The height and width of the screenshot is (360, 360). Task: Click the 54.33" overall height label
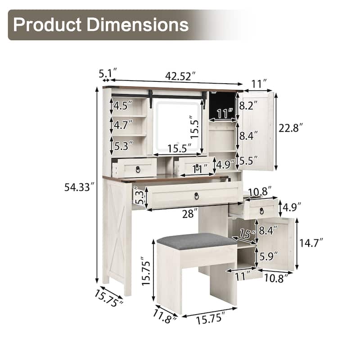coord(80,187)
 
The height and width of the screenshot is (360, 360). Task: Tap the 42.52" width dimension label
coord(180,76)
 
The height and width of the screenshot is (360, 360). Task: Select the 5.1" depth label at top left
coord(108,73)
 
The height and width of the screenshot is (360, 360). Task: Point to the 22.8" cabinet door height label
coord(290,128)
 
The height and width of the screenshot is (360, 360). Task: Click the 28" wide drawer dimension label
coord(189,214)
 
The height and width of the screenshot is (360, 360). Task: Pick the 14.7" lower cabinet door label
coord(311,243)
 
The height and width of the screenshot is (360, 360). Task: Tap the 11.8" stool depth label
coord(165,317)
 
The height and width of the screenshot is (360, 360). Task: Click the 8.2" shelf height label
coord(248,106)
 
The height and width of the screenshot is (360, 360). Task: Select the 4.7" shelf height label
coord(123,125)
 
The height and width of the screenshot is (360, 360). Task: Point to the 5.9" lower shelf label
coord(268,256)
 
